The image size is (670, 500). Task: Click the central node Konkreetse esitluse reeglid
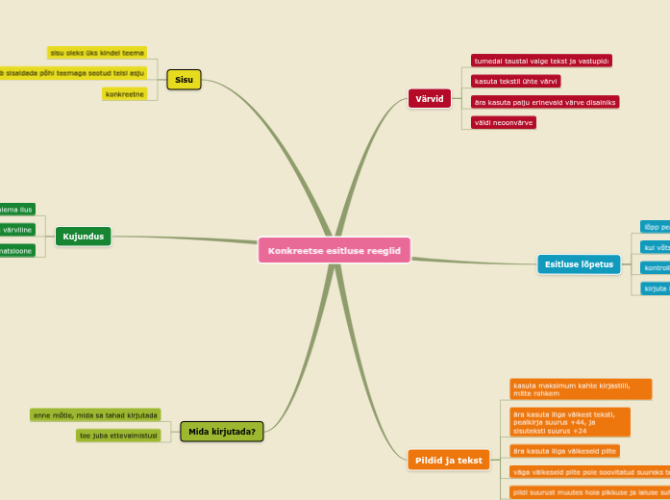pyautogui.click(x=334, y=250)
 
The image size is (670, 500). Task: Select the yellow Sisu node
pyautogui.click(x=184, y=80)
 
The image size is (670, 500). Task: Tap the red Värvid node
pyautogui.click(x=429, y=98)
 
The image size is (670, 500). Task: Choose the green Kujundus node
pyautogui.click(x=84, y=237)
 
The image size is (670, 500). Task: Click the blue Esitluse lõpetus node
pyautogui.click(x=579, y=264)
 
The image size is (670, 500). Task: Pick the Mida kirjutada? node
pyautogui.click(x=222, y=432)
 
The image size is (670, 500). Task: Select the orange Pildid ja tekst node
pyautogui.click(x=449, y=460)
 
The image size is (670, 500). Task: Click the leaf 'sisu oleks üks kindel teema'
pyautogui.click(x=97, y=53)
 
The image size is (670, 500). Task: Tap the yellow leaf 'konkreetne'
pyautogui.click(x=125, y=94)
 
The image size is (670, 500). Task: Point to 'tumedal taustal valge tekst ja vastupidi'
pyautogui.click(x=541, y=61)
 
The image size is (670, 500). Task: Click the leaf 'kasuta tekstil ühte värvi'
pyautogui.click(x=515, y=82)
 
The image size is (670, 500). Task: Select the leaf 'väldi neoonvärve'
pyautogui.click(x=503, y=122)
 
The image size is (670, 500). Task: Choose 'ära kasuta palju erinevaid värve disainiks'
pyautogui.click(x=544, y=102)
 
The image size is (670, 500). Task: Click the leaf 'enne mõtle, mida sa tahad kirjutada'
pyautogui.click(x=95, y=415)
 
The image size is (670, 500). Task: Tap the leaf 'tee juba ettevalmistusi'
pyautogui.click(x=118, y=436)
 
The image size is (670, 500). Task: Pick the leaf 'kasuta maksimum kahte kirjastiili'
pyautogui.click(x=581, y=388)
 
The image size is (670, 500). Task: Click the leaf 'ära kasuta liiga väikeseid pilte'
pyautogui.click(x=564, y=450)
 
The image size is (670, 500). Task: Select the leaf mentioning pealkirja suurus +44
pyautogui.click(x=569, y=421)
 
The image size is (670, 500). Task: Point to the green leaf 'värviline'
pyautogui.click(x=16, y=230)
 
